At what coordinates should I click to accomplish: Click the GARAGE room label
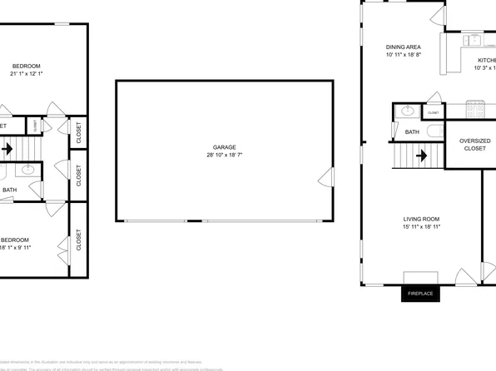(218, 146)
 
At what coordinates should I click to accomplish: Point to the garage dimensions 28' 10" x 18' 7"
(219, 156)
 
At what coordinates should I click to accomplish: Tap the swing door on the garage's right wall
(327, 178)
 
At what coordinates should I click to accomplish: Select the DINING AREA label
(403, 47)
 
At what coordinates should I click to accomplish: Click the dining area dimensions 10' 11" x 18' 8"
(404, 56)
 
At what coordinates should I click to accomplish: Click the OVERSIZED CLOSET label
(475, 145)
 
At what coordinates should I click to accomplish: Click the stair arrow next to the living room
(421, 155)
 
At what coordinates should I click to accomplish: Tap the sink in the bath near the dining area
(409, 111)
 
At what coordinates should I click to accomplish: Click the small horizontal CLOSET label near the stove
(433, 111)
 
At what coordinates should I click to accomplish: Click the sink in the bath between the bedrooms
(29, 169)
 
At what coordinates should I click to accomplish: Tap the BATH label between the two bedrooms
(9, 190)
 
